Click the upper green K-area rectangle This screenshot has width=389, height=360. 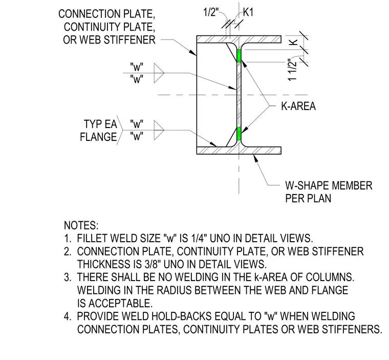(239, 56)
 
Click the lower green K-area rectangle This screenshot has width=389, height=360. (239, 134)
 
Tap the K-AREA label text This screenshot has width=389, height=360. (298, 107)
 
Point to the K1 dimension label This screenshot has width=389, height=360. (248, 12)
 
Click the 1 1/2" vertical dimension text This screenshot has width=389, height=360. (292, 70)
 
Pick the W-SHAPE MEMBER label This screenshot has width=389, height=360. (329, 186)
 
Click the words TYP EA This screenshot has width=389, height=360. (100, 124)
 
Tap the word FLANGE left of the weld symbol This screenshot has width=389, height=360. (98, 137)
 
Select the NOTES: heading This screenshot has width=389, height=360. (81, 225)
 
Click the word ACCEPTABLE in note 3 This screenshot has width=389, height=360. (121, 303)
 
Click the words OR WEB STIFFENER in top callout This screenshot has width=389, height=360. (109, 40)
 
